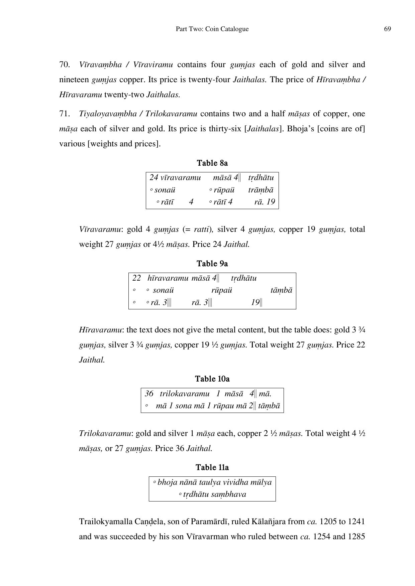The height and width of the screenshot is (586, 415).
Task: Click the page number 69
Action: click(387, 29)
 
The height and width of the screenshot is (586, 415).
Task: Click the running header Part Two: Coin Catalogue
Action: click(212, 29)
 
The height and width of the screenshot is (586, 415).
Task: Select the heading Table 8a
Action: click(212, 163)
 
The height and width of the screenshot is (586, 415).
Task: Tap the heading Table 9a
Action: click(212, 264)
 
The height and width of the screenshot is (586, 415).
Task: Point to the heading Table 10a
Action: click(212, 379)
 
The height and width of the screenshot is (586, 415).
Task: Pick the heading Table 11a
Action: click(212, 467)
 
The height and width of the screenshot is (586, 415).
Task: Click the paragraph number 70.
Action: click(64, 64)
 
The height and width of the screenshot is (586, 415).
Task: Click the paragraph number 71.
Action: click(64, 114)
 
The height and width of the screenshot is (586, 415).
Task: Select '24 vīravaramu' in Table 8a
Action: click(175, 177)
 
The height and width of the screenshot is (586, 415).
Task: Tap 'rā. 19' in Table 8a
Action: click(264, 202)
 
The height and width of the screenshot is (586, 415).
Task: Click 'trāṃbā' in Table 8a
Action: click(261, 190)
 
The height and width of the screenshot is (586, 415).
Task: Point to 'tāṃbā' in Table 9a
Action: click(281, 290)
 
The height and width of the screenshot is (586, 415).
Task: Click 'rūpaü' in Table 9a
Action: click(221, 290)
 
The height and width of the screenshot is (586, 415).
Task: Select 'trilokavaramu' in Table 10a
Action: click(185, 394)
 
